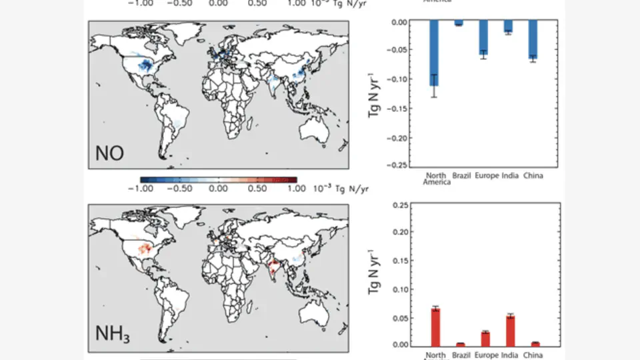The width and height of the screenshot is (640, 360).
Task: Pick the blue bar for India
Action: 508,27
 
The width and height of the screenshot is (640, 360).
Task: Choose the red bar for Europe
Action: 485,338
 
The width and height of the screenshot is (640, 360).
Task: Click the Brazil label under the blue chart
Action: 462,176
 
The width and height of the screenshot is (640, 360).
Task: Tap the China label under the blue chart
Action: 533,176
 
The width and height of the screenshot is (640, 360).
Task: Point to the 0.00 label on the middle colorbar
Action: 219,189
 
